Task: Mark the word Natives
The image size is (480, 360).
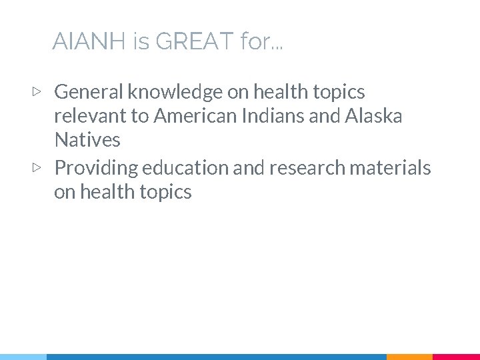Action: coord(87,141)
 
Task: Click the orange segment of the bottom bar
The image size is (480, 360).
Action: coord(409,357)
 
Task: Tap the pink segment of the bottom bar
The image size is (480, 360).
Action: coord(456,357)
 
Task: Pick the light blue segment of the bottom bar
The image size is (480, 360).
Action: coord(23,357)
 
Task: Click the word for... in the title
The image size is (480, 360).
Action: coord(261,42)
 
